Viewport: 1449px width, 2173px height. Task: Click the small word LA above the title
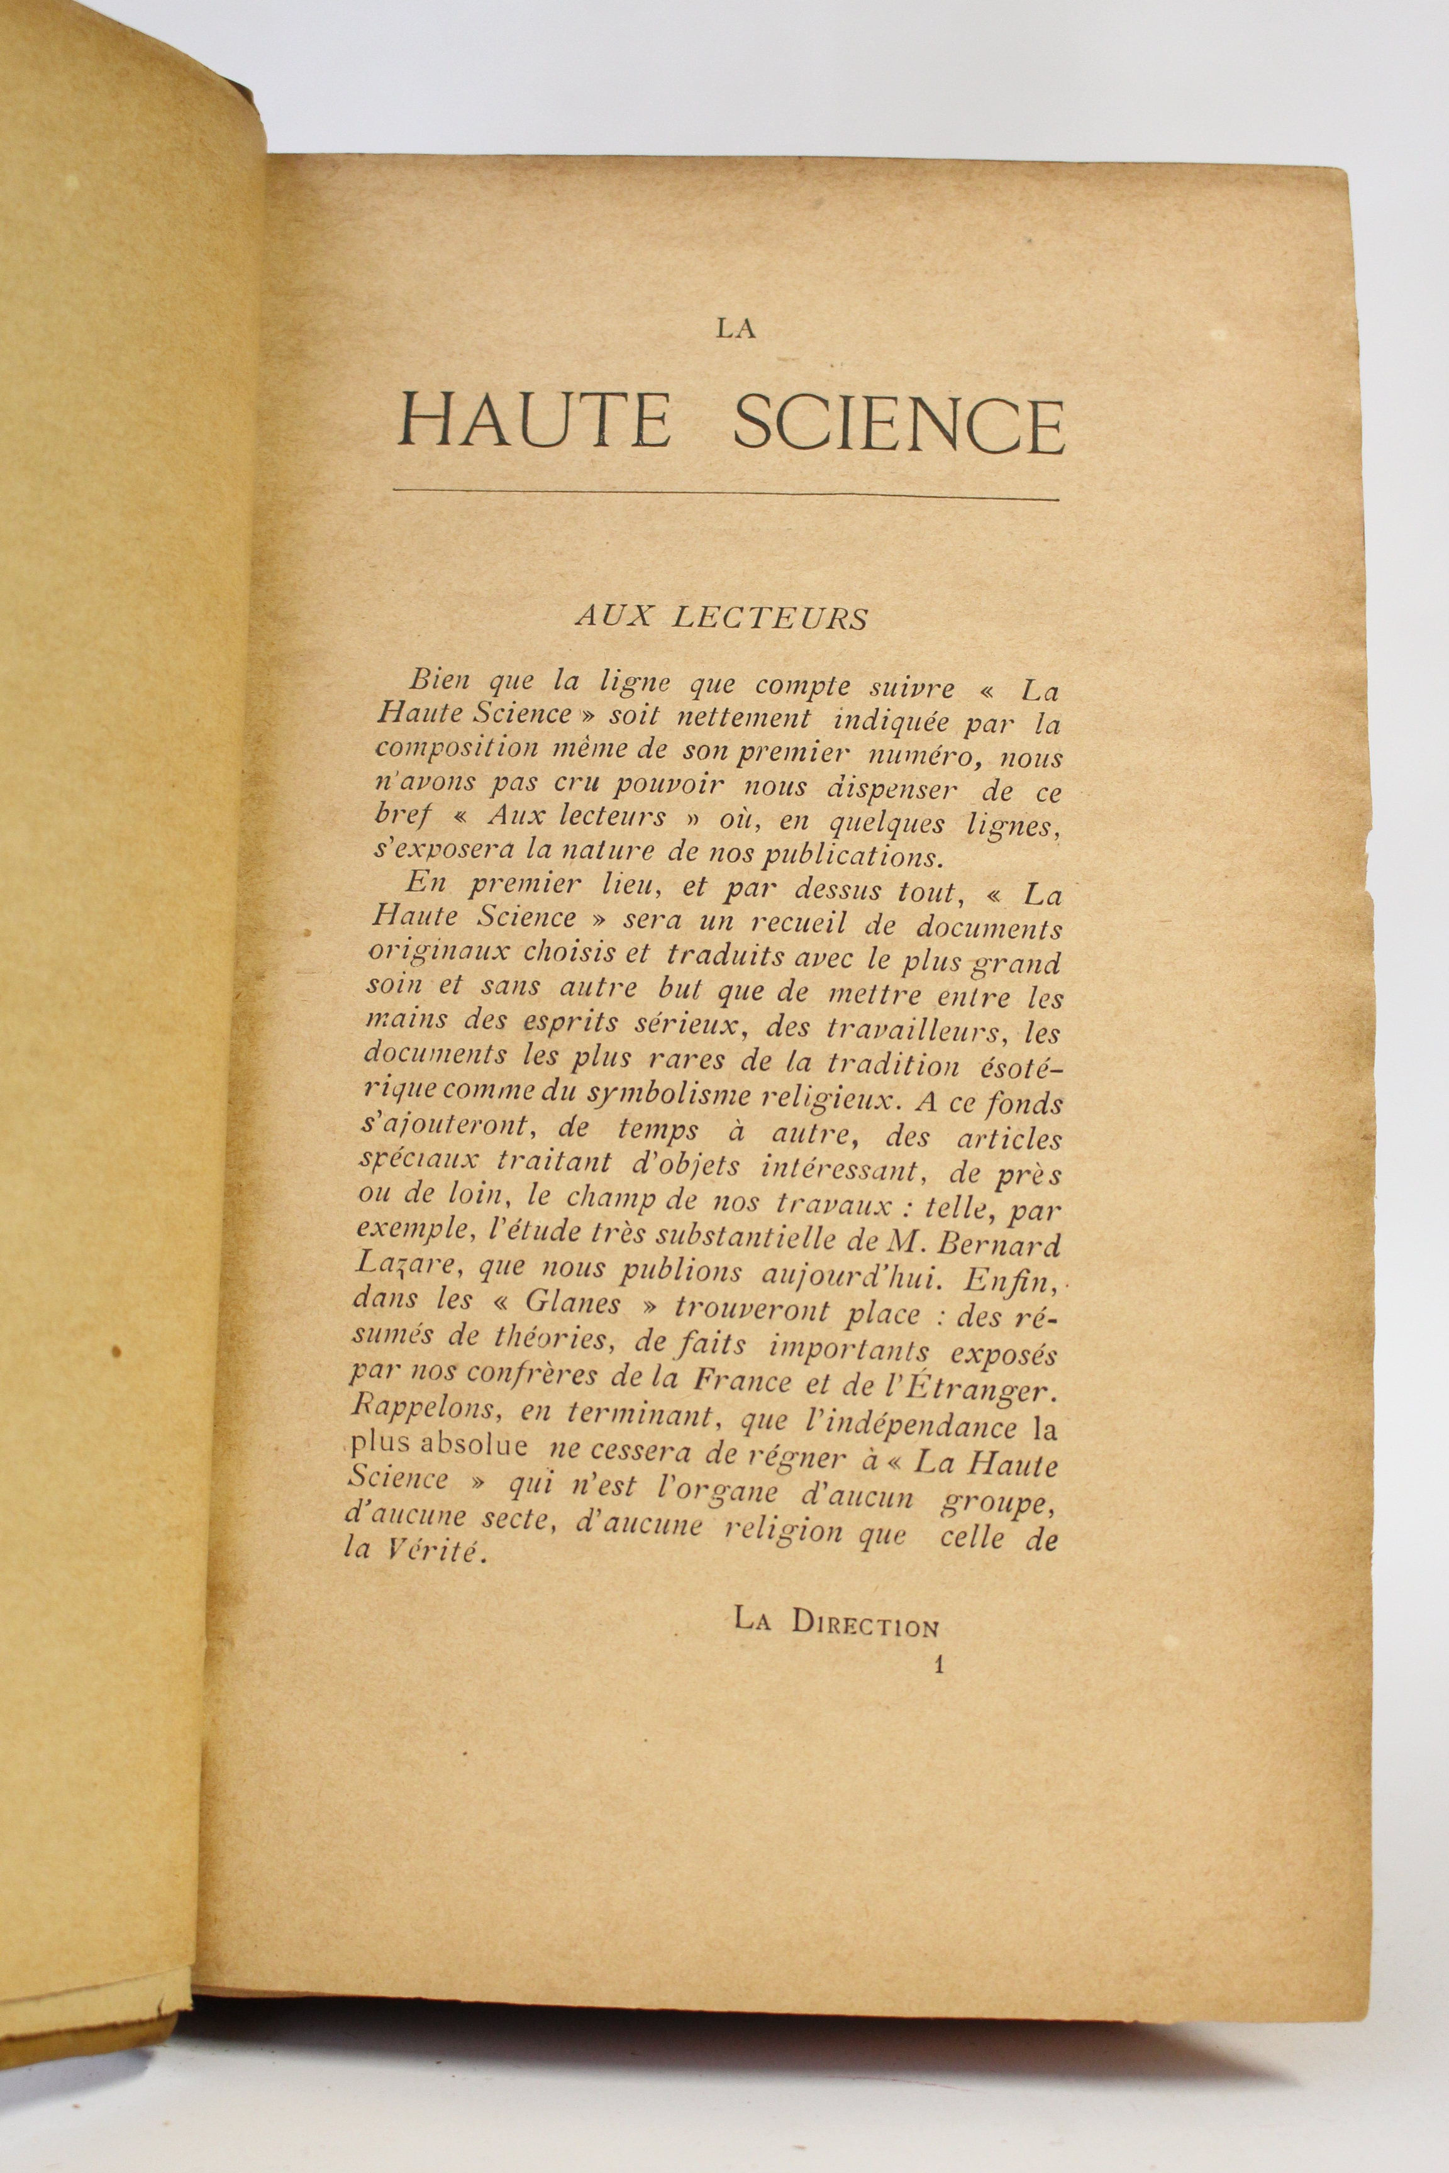point(736,328)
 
